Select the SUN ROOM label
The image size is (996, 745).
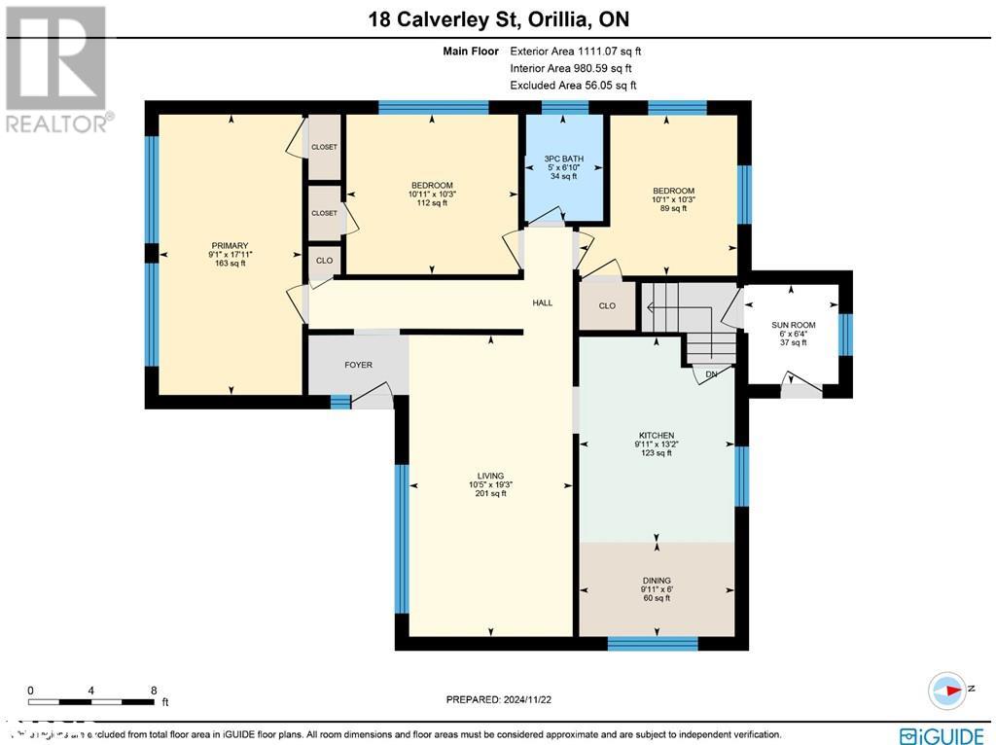794,325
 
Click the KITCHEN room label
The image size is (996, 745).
656,436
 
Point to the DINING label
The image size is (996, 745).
657,581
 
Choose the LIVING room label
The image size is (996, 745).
490,476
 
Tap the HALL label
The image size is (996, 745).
542,303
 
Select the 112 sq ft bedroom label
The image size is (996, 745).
431,186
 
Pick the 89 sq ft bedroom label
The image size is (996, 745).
673,191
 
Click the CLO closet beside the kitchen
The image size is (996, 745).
607,305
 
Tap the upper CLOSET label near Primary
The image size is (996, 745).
324,148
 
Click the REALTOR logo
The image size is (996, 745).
57,68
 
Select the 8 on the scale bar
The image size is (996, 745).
153,691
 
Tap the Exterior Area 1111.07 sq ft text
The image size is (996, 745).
576,51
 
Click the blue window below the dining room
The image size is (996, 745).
653,643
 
